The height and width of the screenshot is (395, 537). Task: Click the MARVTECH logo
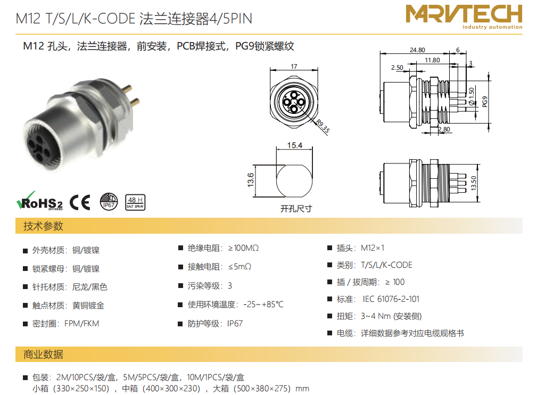[464, 17]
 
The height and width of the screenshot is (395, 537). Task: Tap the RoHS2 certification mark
[40, 201]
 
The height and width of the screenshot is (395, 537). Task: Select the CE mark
[80, 202]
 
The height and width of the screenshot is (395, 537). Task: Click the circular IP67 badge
[109, 201]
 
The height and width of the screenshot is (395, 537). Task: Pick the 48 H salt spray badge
[135, 202]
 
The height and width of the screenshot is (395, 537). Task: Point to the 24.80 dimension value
[417, 50]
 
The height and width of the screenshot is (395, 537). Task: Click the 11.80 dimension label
[432, 60]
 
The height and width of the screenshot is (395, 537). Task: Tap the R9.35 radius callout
[323, 126]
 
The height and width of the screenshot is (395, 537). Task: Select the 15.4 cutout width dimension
[294, 145]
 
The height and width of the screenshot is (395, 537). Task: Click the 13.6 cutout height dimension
[251, 180]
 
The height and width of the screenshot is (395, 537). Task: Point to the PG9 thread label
[485, 102]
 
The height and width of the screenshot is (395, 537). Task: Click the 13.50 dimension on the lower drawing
[474, 183]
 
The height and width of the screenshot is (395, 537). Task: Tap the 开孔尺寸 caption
[296, 209]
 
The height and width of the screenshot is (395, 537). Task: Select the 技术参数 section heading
[43, 226]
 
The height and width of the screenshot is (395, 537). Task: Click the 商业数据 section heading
[43, 354]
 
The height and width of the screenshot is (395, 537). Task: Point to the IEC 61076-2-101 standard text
[391, 299]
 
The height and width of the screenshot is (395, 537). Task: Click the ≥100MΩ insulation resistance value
[244, 248]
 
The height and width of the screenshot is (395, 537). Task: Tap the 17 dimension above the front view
[294, 67]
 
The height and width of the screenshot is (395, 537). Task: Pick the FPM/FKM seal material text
[81, 324]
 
